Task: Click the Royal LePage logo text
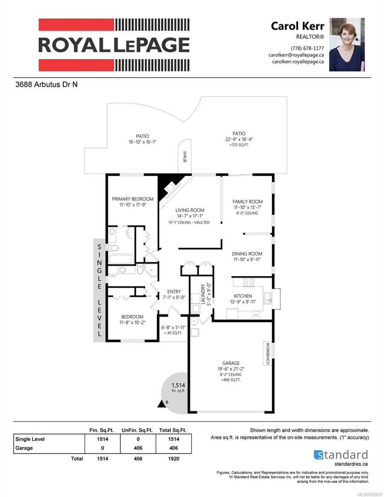114,45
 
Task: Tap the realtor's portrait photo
346,45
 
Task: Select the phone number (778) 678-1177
307,48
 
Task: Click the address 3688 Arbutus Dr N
46,84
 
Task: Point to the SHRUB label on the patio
184,156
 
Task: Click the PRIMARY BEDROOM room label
133,199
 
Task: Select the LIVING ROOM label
190,210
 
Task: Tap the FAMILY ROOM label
247,202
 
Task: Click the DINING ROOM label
247,254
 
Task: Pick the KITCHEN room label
243,296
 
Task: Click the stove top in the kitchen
248,282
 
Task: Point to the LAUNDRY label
203,295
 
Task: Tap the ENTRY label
174,292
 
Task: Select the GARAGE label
231,363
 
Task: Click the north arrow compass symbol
163,403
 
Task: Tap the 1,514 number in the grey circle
178,385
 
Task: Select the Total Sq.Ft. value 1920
174,458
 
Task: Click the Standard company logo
340,455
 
